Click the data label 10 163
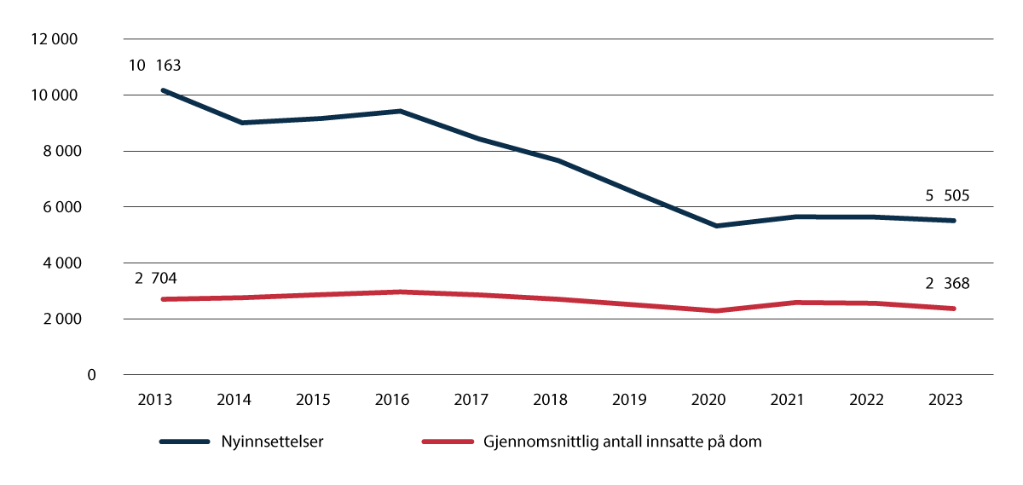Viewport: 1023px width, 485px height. tap(156, 65)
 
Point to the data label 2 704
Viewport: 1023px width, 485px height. tap(156, 278)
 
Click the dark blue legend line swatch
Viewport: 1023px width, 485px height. tap(185, 442)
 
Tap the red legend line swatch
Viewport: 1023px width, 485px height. tap(448, 442)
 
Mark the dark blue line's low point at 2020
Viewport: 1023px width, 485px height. tap(716, 226)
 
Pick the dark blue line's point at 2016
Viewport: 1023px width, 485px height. tap(400, 111)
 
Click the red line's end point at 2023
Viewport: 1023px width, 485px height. tap(954, 309)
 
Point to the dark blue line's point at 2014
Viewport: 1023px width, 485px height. tap(241, 123)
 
